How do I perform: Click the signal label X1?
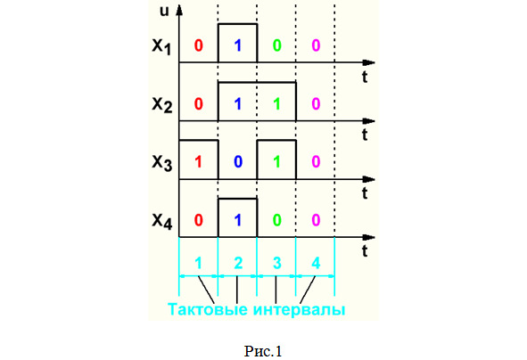[161, 46]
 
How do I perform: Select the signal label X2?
[162, 104]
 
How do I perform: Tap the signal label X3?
[162, 163]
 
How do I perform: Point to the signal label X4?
[162, 221]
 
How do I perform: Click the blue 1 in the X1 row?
[238, 45]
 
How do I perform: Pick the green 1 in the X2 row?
[276, 103]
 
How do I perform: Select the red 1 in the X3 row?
[198, 162]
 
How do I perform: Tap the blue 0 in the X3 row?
[238, 162]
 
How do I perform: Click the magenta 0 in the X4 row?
[316, 220]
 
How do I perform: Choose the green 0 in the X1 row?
[276, 45]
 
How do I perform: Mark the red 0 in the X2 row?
[198, 103]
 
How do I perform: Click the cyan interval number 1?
[198, 263]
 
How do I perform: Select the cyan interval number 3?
[276, 263]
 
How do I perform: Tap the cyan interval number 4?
[316, 263]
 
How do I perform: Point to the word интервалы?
[299, 309]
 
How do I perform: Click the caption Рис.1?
[263, 352]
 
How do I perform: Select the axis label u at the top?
[164, 11]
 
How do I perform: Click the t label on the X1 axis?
[365, 78]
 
